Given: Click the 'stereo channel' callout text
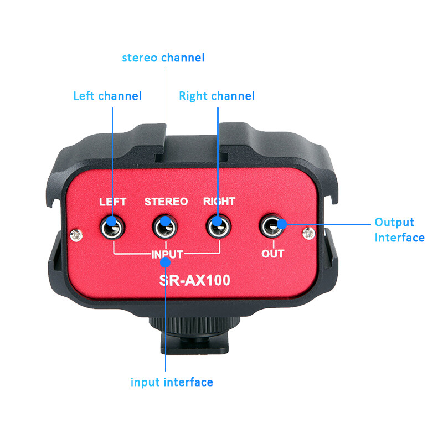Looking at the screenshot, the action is [163, 58].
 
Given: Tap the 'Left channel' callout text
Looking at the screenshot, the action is [107, 96].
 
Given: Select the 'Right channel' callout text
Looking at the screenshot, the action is [217, 96].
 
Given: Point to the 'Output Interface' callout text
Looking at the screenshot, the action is [399, 230].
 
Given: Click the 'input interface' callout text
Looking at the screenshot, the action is [172, 382].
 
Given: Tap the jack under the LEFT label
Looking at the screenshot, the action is [112, 226].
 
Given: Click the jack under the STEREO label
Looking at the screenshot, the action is [166, 226].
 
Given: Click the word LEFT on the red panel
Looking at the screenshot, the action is [112, 202].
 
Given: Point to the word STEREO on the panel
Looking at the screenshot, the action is [166, 202].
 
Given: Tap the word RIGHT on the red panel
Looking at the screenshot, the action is [219, 202].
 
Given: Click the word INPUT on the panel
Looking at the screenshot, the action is [167, 254].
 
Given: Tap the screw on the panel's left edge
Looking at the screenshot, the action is [76, 236].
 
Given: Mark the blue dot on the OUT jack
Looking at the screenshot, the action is [281, 223].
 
